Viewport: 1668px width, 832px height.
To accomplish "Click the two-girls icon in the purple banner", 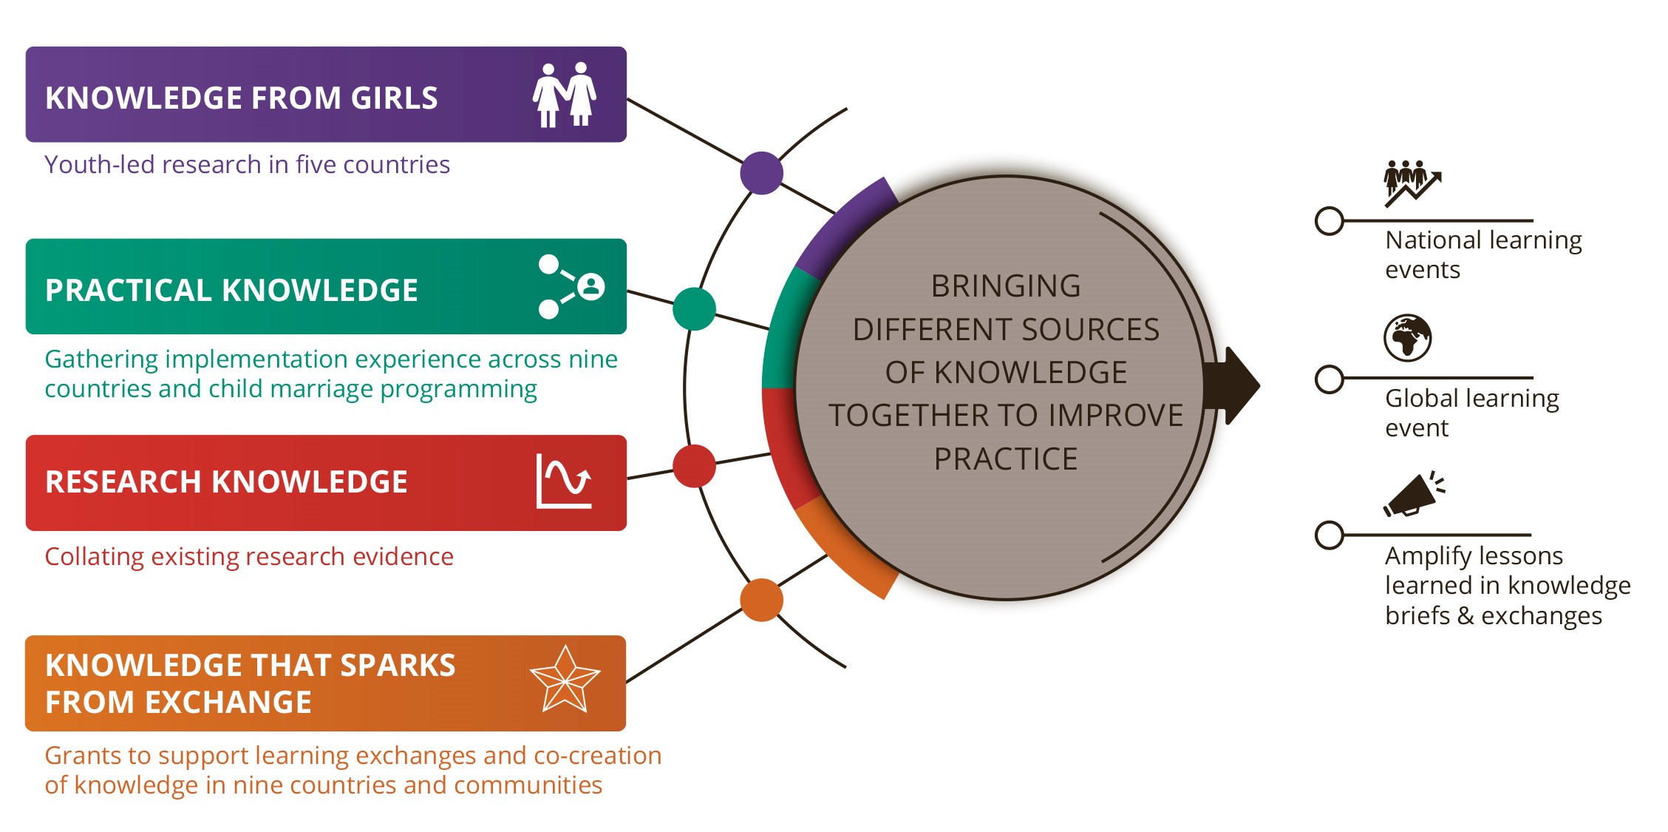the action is [x=565, y=95].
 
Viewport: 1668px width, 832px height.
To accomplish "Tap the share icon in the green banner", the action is [x=571, y=287].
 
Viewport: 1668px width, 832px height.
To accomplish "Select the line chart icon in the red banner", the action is [x=564, y=481].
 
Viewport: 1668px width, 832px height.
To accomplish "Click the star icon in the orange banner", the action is [x=565, y=679].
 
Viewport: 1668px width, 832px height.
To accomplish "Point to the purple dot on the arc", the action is [x=761, y=173].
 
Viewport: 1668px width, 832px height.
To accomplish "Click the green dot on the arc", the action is [x=694, y=309].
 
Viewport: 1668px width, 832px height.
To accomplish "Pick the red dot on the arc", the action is [x=694, y=466].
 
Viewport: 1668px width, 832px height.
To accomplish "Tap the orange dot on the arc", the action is [x=761, y=600].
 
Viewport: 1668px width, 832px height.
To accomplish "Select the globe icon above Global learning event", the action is [x=1407, y=338].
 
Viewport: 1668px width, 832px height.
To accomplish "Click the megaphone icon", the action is [x=1414, y=494].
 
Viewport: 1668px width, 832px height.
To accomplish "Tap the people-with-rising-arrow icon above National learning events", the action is [x=1412, y=183].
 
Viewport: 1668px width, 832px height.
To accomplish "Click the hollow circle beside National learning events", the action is [x=1330, y=220].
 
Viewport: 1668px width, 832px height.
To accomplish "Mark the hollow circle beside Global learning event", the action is [x=1330, y=379].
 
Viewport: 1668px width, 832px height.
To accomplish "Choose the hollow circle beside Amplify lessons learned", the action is [x=1330, y=535].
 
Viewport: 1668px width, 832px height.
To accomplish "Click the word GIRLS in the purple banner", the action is [x=394, y=98].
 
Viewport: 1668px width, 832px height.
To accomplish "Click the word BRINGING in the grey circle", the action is [x=1006, y=286].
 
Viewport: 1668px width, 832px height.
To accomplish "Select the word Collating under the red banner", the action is [x=94, y=557].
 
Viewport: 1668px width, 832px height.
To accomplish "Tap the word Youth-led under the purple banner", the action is [x=99, y=164].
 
